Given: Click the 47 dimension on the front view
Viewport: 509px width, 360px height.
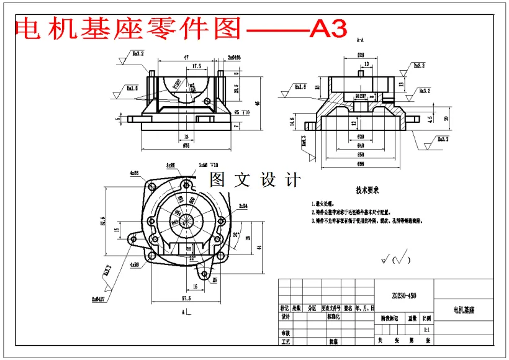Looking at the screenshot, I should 187,56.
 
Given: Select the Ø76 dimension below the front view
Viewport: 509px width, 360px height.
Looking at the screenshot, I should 186,146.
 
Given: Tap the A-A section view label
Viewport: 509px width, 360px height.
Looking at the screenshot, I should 360,40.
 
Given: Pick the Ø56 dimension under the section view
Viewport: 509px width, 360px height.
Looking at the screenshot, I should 360,164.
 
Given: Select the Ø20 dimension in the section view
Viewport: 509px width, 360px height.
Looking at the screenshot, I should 360,137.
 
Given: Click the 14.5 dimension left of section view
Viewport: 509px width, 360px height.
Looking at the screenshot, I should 292,123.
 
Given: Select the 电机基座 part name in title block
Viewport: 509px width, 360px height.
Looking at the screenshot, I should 464,308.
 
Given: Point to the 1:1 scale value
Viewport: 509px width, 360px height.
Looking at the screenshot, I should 426,329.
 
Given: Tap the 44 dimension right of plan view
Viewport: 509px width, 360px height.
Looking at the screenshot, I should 259,246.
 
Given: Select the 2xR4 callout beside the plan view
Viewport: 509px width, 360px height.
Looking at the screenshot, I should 242,205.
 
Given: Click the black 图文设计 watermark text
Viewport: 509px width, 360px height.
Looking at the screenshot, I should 255,180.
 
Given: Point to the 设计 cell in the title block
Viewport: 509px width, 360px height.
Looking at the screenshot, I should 286,316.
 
